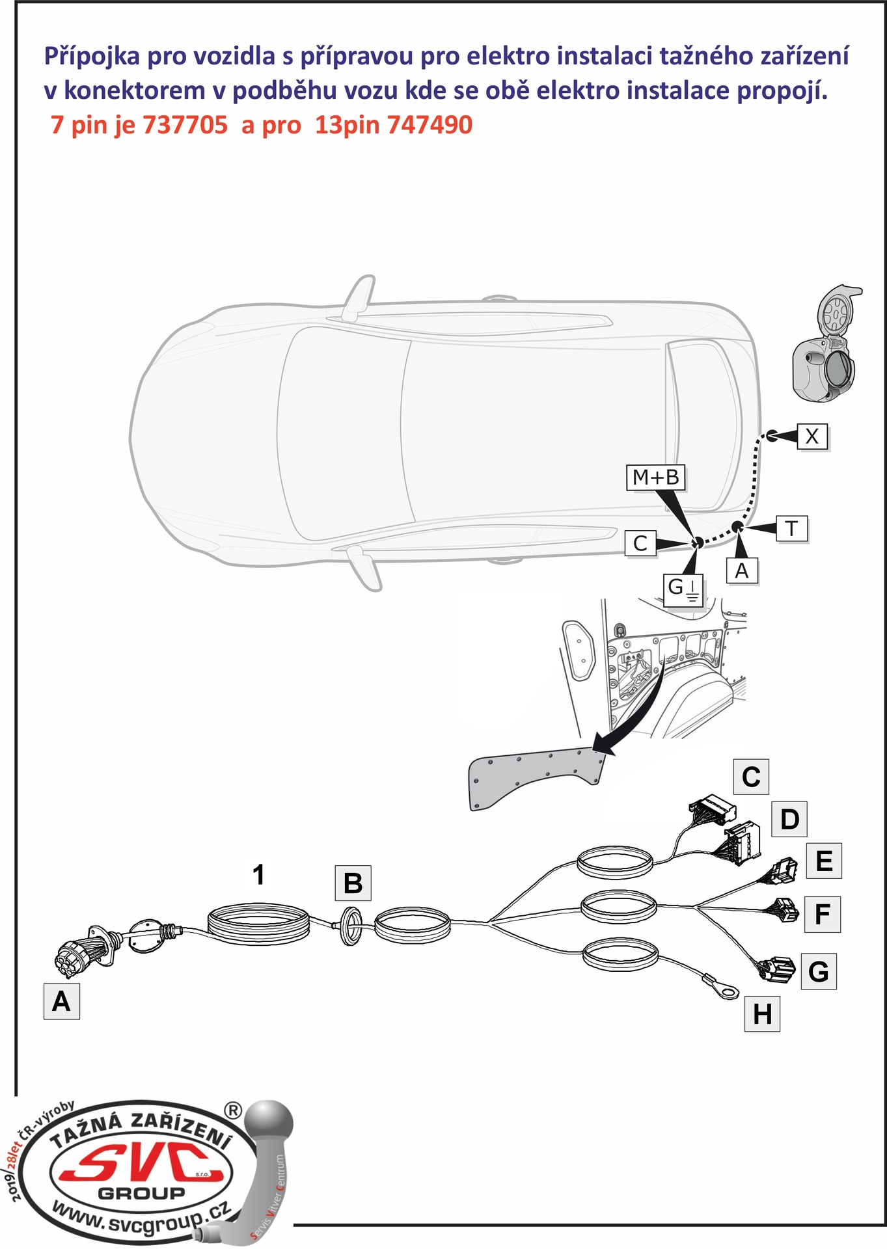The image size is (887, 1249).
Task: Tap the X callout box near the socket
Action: click(x=812, y=436)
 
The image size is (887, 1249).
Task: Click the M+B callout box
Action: click(x=656, y=477)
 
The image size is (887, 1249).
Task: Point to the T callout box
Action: click(x=791, y=528)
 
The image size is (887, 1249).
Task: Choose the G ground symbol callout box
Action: click(x=683, y=589)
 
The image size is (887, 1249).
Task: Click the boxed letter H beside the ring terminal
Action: click(x=762, y=1014)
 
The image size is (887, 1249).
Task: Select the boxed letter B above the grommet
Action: click(x=353, y=883)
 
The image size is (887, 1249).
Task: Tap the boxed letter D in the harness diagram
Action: click(x=789, y=819)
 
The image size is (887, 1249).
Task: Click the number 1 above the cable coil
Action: click(x=259, y=875)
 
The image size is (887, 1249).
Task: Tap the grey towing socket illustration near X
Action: click(x=825, y=345)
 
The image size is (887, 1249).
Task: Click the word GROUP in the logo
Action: click(x=141, y=1193)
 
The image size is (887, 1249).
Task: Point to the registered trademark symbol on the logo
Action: click(x=232, y=1110)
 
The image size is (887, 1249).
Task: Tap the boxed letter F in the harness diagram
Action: click(x=823, y=914)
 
